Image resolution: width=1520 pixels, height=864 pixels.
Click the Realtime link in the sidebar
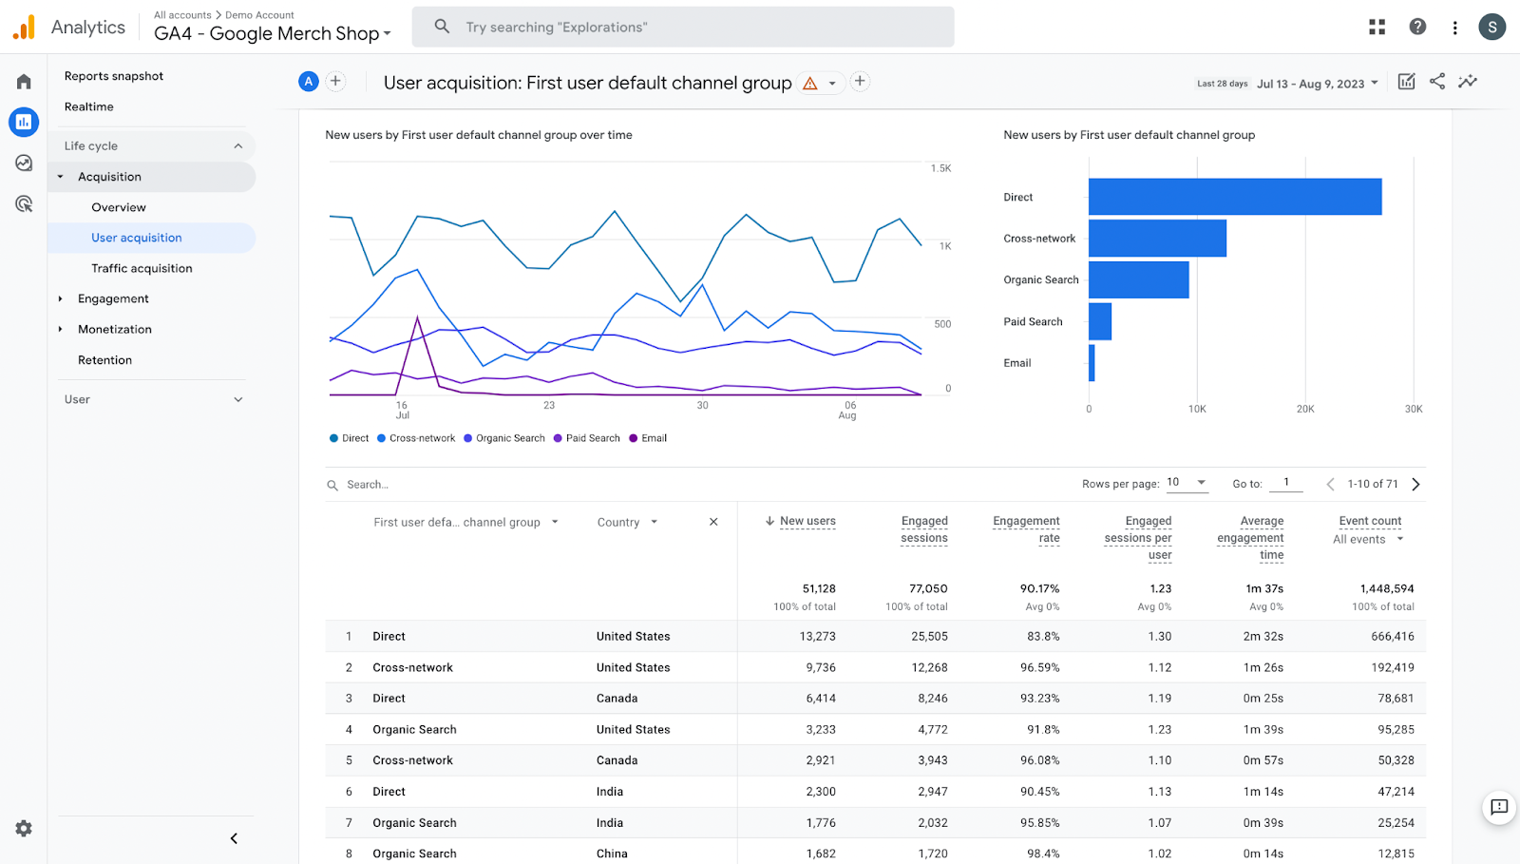pos(89,106)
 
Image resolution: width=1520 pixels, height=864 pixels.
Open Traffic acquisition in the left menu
pos(142,268)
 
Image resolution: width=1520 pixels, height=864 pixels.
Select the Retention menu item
pos(104,360)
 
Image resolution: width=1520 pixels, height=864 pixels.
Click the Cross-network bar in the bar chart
pos(1157,239)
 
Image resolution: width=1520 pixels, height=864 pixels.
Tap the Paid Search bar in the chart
pos(1100,321)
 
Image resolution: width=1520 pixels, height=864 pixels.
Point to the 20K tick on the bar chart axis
pos(1305,409)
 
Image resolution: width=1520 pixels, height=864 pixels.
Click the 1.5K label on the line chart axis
pos(940,168)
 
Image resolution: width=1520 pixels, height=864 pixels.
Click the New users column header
pos(807,521)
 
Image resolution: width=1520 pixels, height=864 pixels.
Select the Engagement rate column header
pos(1026,529)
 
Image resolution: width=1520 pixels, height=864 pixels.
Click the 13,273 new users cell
pos(817,636)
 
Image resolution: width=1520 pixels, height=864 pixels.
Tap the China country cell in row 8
pos(612,854)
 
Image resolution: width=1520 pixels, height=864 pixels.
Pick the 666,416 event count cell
pos(1392,636)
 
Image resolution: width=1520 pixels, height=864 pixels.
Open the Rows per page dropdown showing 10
pos(1187,483)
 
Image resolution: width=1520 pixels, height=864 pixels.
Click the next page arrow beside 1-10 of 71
pos(1415,484)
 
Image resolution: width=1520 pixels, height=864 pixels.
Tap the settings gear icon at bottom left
pos(24,828)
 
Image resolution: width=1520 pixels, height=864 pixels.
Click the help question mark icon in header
pos(1417,27)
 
